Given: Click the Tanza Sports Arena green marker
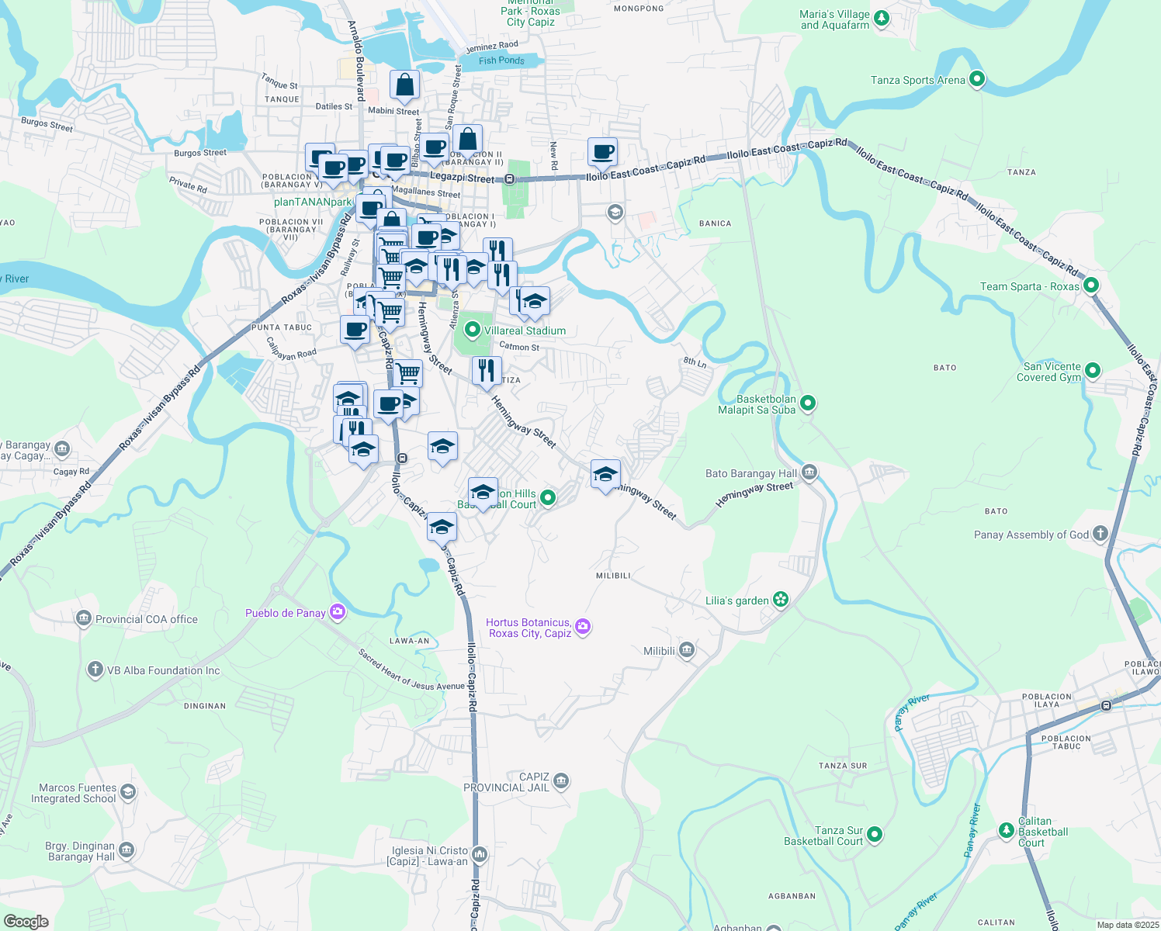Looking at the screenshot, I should [977, 79].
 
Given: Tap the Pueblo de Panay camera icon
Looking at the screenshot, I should [337, 612].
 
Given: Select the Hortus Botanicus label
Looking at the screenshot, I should [529, 628].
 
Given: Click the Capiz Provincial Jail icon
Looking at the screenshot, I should [561, 780].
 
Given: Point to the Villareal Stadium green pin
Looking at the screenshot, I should [471, 331].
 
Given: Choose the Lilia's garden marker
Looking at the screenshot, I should [781, 600].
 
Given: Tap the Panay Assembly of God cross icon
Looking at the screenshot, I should [1100, 534].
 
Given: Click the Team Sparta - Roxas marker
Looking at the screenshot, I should [1091, 286].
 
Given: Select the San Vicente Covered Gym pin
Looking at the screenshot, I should [1093, 371].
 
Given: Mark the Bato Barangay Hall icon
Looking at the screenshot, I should [809, 472].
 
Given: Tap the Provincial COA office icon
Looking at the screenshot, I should [84, 618].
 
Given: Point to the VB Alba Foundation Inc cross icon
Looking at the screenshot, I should [95, 670].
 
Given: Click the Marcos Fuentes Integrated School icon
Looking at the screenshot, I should [128, 792].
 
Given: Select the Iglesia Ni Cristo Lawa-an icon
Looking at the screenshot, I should [480, 855].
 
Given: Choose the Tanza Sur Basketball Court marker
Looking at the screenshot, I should [875, 835].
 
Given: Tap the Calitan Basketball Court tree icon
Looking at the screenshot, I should [1007, 831].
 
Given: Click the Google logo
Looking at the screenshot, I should [26, 922].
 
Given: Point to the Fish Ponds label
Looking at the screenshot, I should [501, 61].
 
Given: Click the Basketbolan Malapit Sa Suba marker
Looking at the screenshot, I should [808, 403].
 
